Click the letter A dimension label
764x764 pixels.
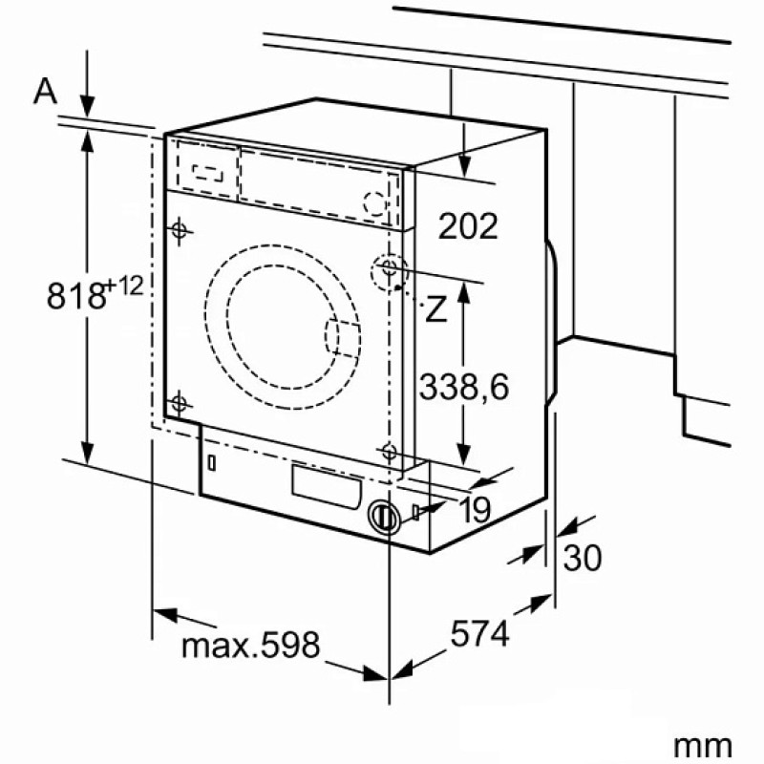45,92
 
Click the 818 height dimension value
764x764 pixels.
76,296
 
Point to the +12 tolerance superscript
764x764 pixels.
124,286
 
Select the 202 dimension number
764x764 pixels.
468,226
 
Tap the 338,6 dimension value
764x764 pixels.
464,387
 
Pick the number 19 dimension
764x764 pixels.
475,510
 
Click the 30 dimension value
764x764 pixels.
583,558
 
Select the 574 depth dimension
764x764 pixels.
480,633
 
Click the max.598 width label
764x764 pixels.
251,645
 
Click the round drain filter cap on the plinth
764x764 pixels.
384,517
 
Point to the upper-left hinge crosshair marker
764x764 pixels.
180,229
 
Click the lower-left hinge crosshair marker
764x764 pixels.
179,403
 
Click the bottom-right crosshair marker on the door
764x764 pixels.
389,452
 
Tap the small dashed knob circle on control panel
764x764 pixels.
375,202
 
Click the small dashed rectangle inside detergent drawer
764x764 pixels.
208,173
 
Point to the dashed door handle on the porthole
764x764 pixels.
343,338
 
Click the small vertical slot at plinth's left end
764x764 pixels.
211,462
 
